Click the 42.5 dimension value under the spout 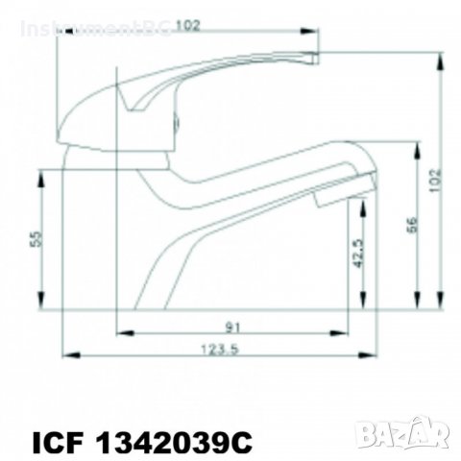(358, 256)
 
